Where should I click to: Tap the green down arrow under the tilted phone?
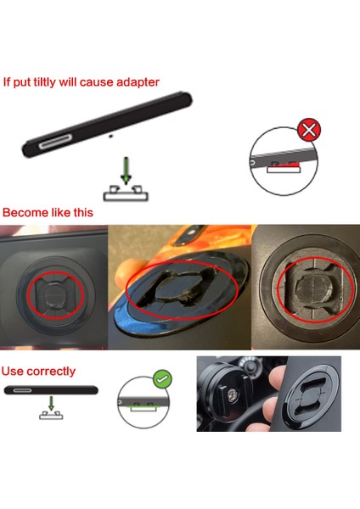pos(126,169)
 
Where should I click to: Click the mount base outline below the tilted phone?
pos(126,193)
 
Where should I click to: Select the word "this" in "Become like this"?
pos(81,212)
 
